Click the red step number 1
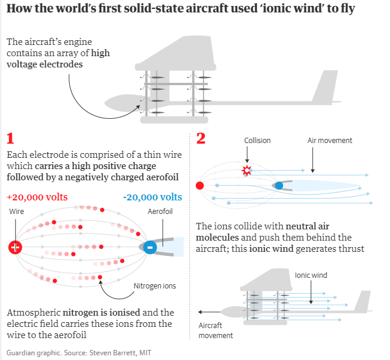[x=10, y=140]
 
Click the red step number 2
[x=201, y=140]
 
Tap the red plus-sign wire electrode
[x=15, y=247]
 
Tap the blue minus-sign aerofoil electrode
[x=150, y=247]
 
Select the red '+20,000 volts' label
[x=37, y=197]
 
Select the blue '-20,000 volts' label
[x=153, y=197]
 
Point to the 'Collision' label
[x=257, y=141]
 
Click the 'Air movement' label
[x=330, y=141]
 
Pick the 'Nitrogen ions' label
[x=154, y=286]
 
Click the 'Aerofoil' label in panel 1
[x=159, y=211]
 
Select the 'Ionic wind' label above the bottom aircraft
[x=311, y=275]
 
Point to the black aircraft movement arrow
[x=209, y=312]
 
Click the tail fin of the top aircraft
[x=324, y=89]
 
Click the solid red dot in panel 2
[x=200, y=186]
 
